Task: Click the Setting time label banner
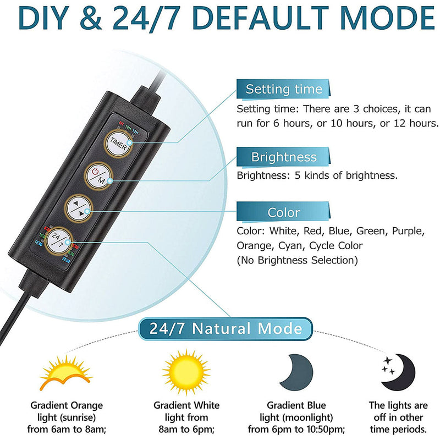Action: coord(284,89)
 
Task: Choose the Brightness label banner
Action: coord(284,157)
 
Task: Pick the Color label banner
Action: coord(284,212)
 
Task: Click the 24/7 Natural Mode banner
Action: coord(226,329)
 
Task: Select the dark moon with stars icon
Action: coord(400,369)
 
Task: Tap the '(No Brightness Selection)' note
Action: coord(298,260)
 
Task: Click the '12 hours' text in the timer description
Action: coord(413,123)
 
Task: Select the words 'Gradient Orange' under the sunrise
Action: coord(67,405)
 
